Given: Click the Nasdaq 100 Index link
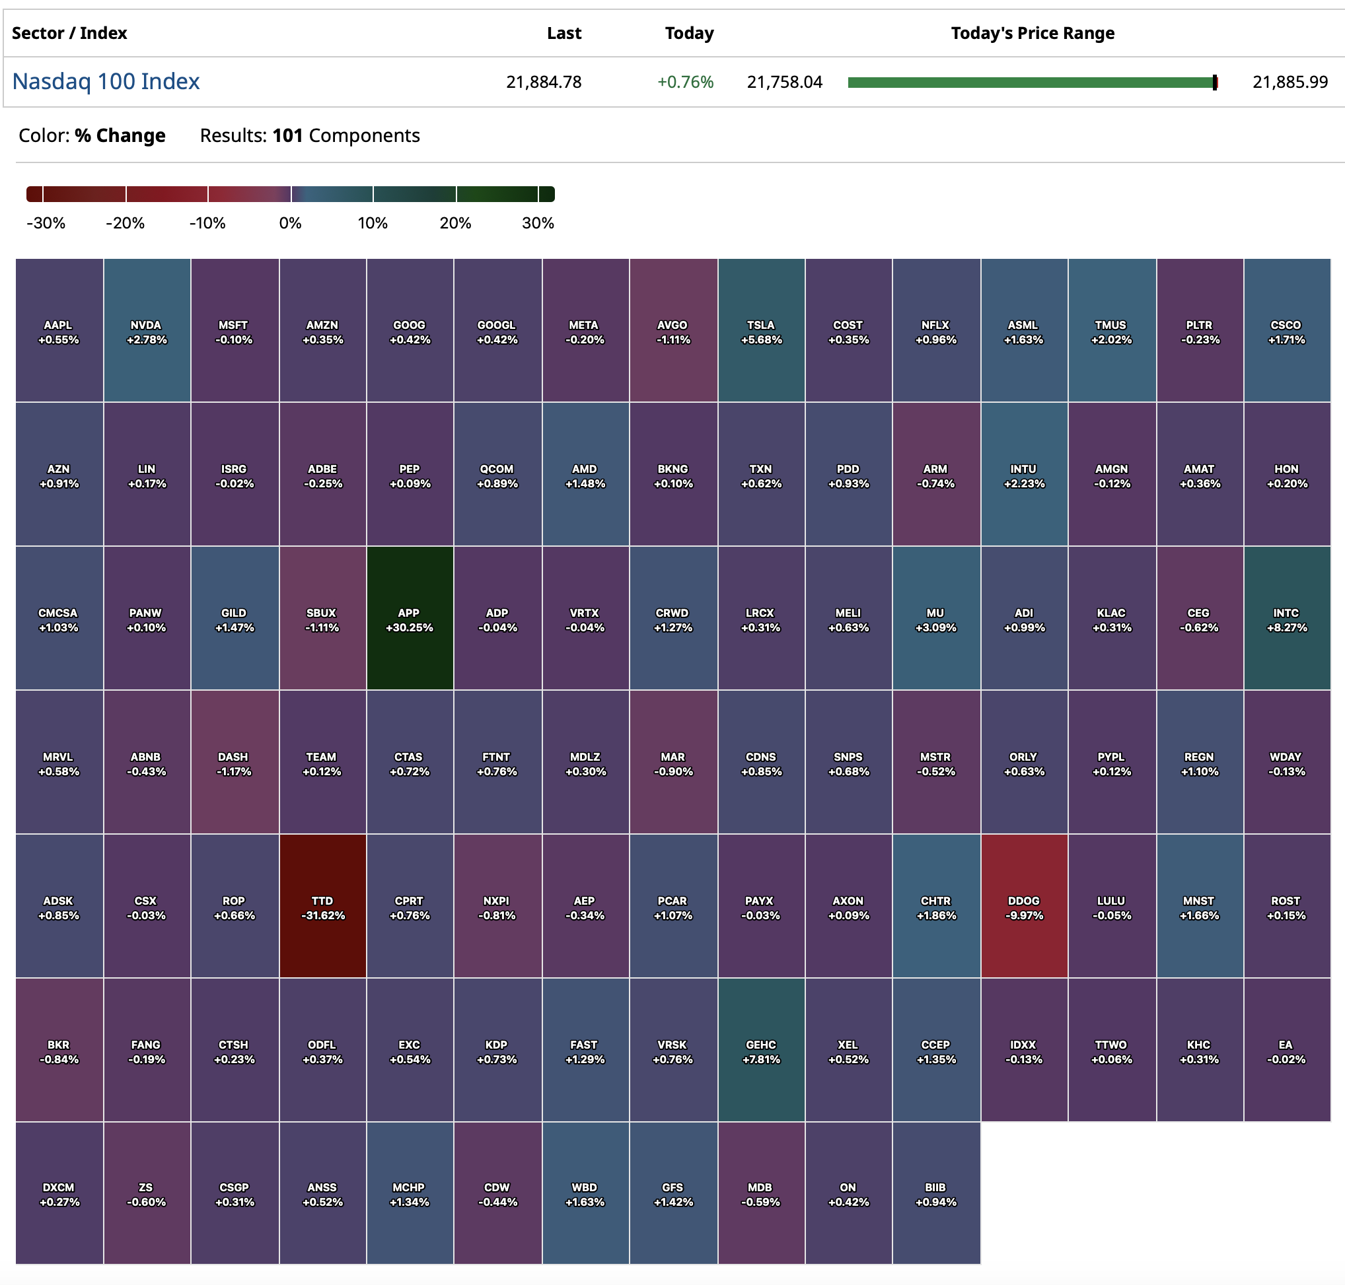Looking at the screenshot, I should click(106, 81).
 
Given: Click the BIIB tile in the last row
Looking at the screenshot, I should click(935, 1193).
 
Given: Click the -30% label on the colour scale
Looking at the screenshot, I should click(45, 223).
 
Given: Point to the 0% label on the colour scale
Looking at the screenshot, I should click(290, 223).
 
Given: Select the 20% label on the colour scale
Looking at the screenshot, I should click(455, 223).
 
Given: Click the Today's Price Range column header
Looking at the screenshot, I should click(1032, 33).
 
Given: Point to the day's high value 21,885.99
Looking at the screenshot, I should click(1290, 82).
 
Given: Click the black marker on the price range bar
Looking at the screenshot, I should click(1214, 82).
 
